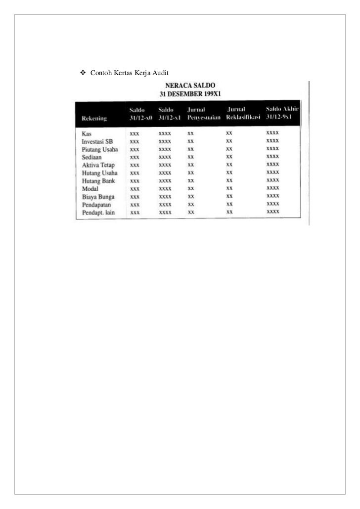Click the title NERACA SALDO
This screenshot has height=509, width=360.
click(x=190, y=85)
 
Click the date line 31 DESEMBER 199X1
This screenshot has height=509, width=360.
click(x=190, y=93)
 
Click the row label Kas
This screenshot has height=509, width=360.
click(x=87, y=133)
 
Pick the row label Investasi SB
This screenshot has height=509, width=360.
click(x=97, y=141)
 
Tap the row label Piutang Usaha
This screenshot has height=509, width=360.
click(x=99, y=149)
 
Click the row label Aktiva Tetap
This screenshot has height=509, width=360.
click(x=98, y=165)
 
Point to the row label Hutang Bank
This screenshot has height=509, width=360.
click(x=98, y=180)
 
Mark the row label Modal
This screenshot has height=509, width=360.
click(x=90, y=188)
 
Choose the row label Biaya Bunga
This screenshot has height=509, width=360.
click(x=98, y=196)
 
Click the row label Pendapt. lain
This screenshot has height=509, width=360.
click(x=99, y=212)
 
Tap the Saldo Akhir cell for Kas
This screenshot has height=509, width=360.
click(x=272, y=133)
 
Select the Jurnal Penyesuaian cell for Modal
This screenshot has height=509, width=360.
click(x=190, y=188)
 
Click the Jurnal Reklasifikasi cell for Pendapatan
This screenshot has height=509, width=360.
click(x=229, y=204)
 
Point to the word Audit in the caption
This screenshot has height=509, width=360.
click(x=162, y=74)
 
